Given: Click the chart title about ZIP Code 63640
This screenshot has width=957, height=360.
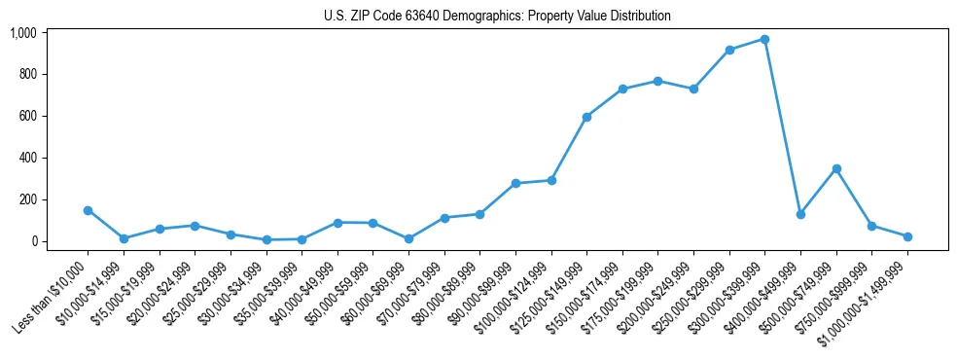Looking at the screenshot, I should pyautogui.click(x=497, y=16).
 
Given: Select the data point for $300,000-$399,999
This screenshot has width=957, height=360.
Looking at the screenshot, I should pyautogui.click(x=765, y=39).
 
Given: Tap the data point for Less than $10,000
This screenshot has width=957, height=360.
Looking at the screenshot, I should pyautogui.click(x=88, y=210).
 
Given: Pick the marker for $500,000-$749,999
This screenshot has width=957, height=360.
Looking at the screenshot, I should pyautogui.click(x=836, y=168).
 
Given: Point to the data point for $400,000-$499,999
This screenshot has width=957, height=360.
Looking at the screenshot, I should pyautogui.click(x=800, y=214).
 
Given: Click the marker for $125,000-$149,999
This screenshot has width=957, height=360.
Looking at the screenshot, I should pyautogui.click(x=586, y=117).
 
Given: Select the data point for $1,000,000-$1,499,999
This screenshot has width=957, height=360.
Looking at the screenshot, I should pyautogui.click(x=907, y=236).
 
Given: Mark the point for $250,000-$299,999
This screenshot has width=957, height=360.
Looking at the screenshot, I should pyautogui.click(x=729, y=50).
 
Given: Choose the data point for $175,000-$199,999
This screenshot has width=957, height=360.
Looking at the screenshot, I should pyautogui.click(x=658, y=81).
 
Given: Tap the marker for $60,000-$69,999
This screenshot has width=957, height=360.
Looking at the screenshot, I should pyautogui.click(x=408, y=238).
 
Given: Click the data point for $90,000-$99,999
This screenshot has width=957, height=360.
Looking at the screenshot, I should pyautogui.click(x=515, y=183).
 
